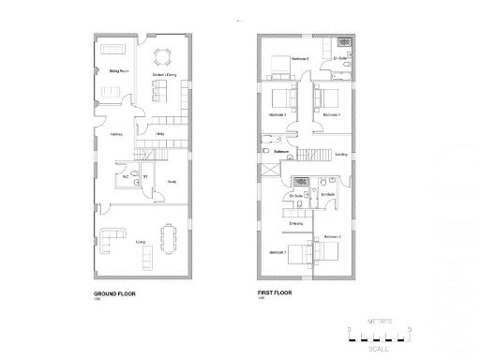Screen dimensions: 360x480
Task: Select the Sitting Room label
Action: point(118,71)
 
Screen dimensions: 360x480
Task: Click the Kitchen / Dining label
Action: point(165,71)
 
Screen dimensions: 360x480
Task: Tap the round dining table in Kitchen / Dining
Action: point(164,54)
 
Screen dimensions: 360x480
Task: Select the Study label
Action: point(172,182)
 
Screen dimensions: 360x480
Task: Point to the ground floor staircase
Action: point(145,155)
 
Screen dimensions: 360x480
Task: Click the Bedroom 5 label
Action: point(300,59)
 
